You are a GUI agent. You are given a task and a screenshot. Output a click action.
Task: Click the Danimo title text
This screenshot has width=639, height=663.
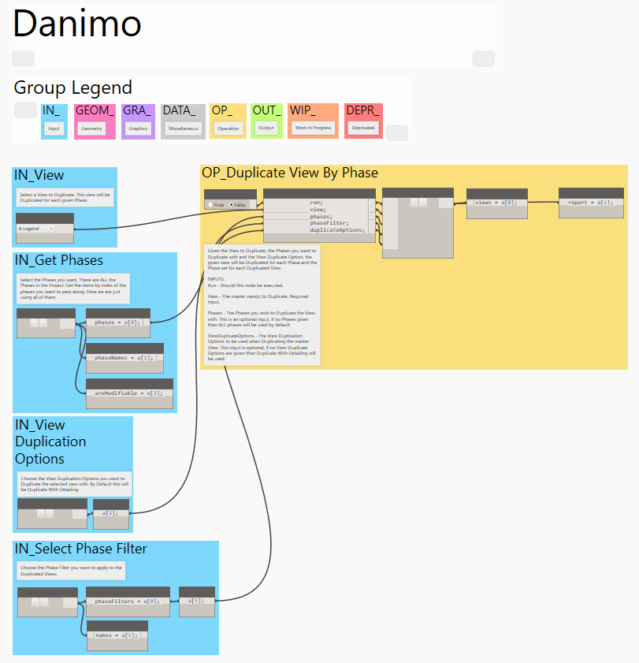coord(77,24)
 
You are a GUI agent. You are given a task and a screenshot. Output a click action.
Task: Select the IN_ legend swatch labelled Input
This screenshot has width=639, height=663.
coord(54,121)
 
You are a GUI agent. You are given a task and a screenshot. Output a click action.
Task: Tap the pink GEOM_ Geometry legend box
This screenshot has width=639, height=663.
coord(95,121)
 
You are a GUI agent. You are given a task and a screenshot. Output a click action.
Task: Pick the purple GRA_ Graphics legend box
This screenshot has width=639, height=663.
coord(138,121)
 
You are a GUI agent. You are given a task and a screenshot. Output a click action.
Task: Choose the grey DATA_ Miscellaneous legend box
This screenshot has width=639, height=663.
coord(184,121)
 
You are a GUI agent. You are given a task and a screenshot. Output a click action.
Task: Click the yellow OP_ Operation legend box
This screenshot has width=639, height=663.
coord(228,121)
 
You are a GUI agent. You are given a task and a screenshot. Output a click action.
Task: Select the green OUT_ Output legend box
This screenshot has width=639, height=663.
coord(266,121)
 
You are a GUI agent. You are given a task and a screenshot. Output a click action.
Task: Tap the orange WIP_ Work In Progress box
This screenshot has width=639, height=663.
coord(313,121)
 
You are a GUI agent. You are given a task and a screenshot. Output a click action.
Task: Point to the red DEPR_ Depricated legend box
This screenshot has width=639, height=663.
coord(363,121)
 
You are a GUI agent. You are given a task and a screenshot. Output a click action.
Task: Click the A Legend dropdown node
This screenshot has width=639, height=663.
coord(35,229)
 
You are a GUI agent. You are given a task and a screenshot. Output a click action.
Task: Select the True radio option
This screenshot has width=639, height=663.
coord(214,204)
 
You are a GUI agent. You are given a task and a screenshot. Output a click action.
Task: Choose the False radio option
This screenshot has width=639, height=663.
coord(236,204)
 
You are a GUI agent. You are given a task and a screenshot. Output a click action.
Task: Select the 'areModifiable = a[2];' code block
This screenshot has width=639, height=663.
coord(128,393)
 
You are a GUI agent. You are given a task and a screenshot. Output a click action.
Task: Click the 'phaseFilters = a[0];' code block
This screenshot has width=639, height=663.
coord(126,602)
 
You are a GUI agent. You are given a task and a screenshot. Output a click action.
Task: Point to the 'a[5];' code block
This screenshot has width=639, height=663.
coord(196,601)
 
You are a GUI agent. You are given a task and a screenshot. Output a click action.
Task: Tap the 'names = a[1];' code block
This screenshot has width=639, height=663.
coord(116,635)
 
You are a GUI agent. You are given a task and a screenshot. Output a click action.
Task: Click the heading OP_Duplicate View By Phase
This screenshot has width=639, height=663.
coord(290,173)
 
